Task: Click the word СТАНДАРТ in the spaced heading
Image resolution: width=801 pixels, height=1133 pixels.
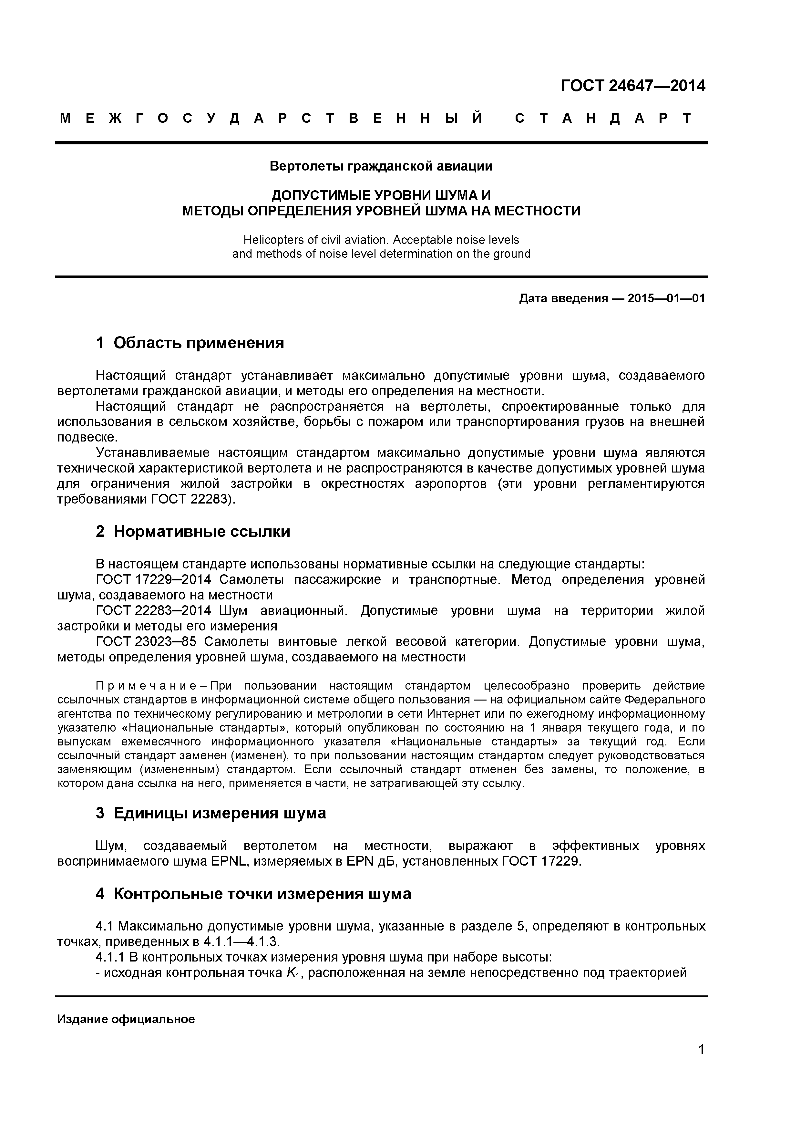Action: click(603, 119)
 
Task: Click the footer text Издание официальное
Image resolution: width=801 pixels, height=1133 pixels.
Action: click(126, 1020)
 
